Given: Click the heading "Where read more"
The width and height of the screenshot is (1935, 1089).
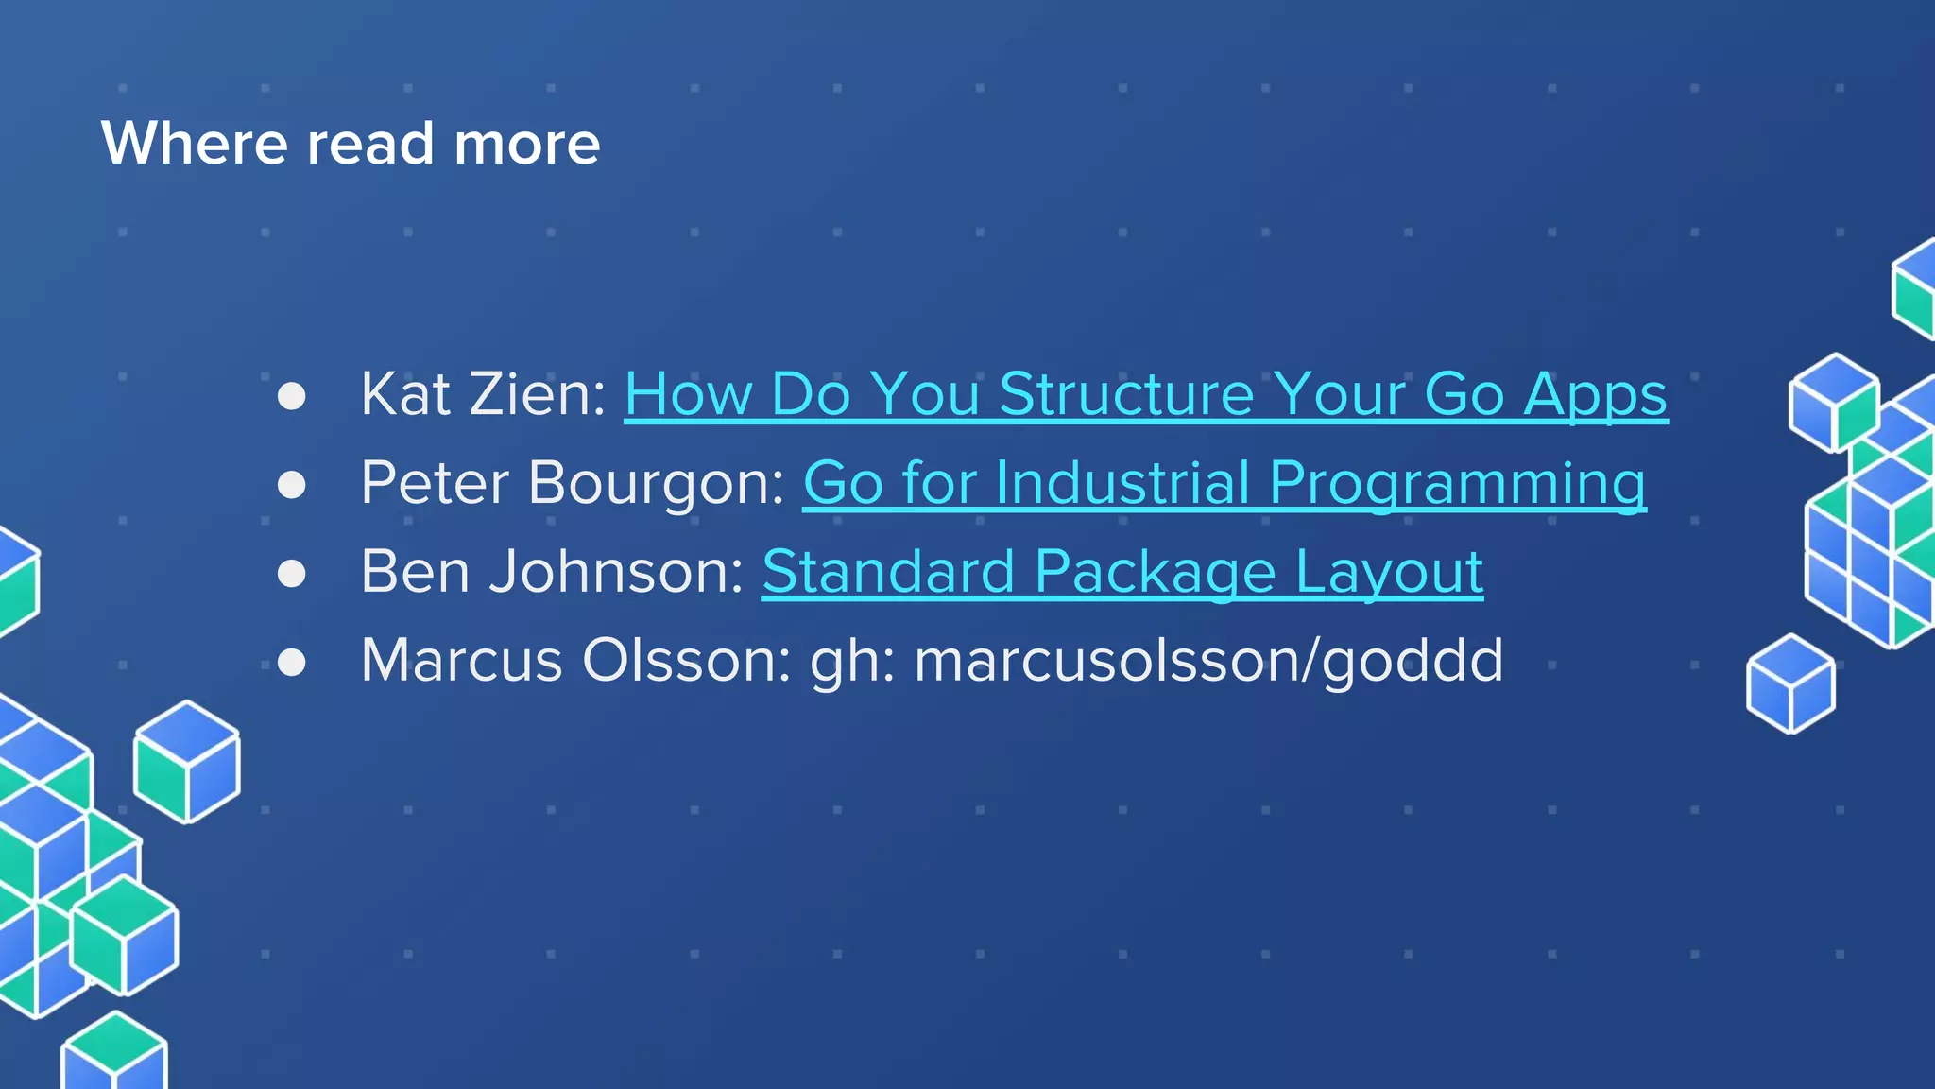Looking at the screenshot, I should pos(351,144).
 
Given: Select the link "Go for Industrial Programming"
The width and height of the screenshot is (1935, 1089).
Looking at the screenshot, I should pos(1224,483).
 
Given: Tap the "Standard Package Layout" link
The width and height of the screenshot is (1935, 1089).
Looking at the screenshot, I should pos(1122,572).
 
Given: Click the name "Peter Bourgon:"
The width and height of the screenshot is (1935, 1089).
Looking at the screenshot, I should pos(573,483).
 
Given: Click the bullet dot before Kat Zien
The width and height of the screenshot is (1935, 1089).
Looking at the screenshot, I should pos(292,396).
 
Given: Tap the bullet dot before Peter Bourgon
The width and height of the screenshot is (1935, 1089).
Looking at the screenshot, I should pos(292,485).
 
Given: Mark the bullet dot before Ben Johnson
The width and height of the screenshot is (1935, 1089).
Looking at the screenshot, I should pos(292,574).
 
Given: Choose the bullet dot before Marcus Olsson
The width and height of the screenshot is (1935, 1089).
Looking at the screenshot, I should pos(292,662).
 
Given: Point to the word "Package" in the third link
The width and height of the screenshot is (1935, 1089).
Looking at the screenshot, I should pos(1155,572).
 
